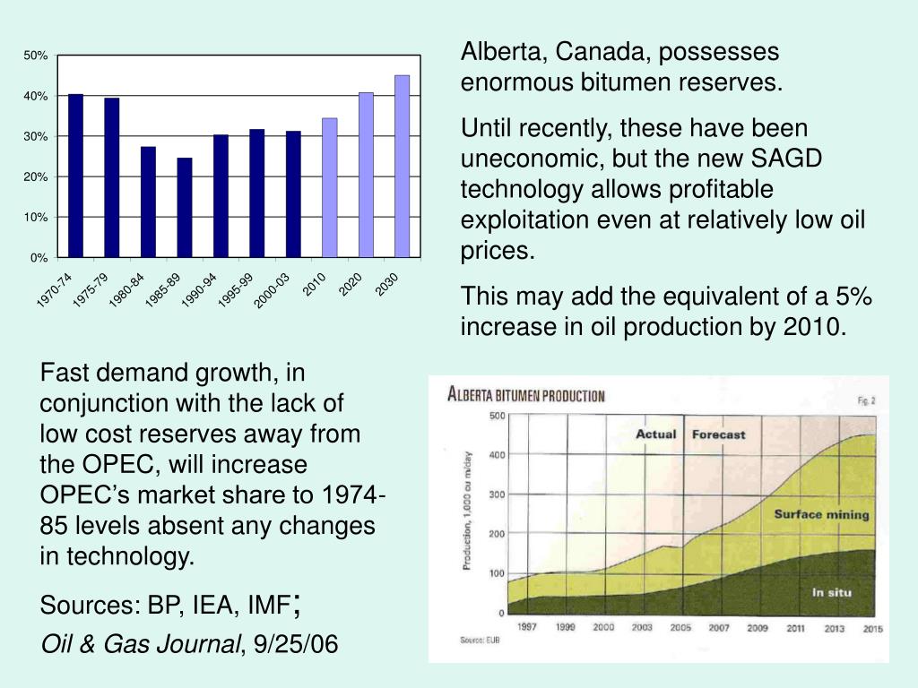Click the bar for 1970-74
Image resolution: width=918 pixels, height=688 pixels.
pos(75,176)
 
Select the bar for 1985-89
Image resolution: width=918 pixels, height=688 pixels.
pos(185,208)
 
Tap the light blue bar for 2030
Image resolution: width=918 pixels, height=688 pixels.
pos(403,167)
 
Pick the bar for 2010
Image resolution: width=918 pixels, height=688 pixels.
pos(330,188)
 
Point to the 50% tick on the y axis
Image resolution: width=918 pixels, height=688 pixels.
pos(36,56)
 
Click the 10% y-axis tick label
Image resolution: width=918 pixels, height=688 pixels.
pos(36,218)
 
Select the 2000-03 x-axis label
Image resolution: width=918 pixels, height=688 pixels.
pos(272,292)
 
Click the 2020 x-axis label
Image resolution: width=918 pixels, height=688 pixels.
pos(350,285)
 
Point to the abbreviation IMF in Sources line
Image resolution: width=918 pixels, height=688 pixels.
pos(265,606)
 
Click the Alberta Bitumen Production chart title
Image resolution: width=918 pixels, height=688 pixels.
pos(526,394)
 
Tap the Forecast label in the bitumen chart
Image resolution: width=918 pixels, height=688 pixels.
pos(718,434)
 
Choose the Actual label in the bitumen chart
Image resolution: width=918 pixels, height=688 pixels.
pos(655,434)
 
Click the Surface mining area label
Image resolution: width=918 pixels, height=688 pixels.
pos(821,514)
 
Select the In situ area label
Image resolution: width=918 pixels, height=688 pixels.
pos(832,592)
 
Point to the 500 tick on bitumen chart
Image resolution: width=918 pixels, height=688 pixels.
pos(495,415)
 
